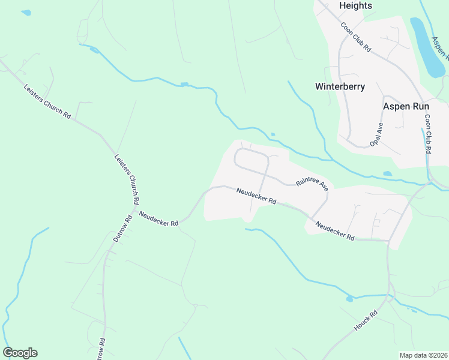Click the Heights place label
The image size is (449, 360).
coord(355,5)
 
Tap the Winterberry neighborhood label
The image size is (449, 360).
coord(340,86)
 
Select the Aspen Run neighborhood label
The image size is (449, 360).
coord(406,106)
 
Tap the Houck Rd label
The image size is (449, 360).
coord(365,322)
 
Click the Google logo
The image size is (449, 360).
coord(20,353)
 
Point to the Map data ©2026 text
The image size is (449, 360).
coord(423,355)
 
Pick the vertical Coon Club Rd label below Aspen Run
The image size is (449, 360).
coord(428,134)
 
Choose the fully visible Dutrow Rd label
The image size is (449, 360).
coord(122,229)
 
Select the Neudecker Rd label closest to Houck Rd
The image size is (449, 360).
coord(334,231)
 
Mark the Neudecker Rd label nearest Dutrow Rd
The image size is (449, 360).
coord(158,218)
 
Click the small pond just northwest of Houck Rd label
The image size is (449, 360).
coord(350,298)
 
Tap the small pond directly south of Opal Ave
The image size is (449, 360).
coord(387,173)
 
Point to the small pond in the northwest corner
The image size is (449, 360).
coord(25,12)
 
